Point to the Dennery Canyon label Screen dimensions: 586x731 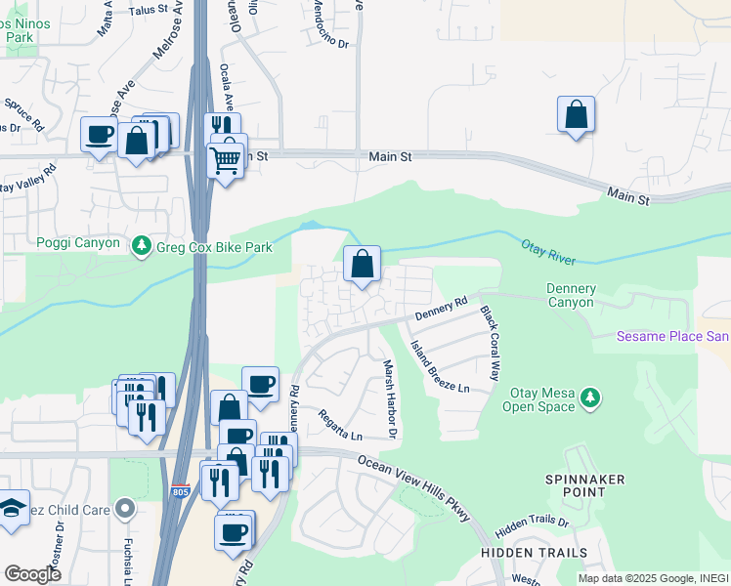tap(570, 295)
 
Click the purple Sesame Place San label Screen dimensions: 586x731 tap(672, 337)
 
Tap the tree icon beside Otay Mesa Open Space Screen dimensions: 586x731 tap(588, 398)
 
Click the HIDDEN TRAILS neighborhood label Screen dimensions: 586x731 tap(520, 553)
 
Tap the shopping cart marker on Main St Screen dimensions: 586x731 tap(226, 158)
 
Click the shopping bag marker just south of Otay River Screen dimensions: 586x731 tap(362, 264)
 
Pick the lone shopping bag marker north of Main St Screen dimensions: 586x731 tap(577, 114)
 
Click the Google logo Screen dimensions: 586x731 tap(32, 573)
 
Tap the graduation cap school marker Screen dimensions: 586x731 tap(12, 509)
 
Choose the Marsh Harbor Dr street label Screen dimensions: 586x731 tap(389, 397)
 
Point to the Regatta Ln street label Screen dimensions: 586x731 tap(340, 424)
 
